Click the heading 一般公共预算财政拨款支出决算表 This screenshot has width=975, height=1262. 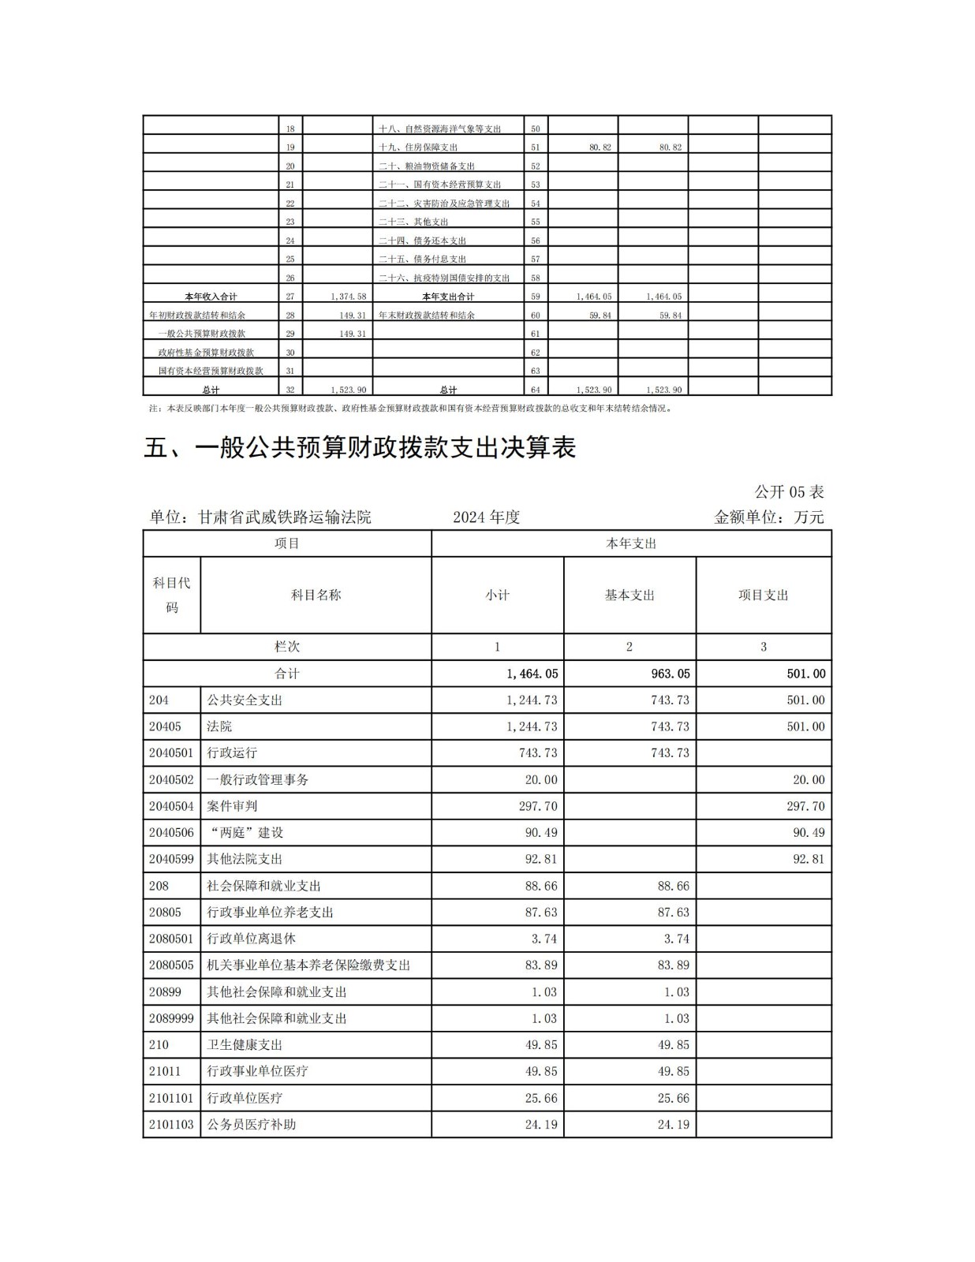coord(360,447)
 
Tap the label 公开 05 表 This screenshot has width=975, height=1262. coord(789,492)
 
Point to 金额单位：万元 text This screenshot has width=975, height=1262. coord(768,517)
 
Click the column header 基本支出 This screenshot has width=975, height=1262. coord(629,596)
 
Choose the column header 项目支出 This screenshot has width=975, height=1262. coord(763,596)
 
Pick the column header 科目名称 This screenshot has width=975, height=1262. coord(316,596)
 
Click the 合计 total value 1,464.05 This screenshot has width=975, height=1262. coord(532,674)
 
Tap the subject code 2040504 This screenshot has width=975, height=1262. coord(171,806)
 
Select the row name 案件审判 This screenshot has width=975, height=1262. coord(232,806)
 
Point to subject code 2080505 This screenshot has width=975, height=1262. coord(171,965)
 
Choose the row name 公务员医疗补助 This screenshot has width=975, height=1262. coord(251,1125)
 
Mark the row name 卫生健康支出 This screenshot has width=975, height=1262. coord(245,1045)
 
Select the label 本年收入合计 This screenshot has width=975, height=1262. coord(211,297)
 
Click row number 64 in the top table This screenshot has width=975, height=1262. coord(536,390)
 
